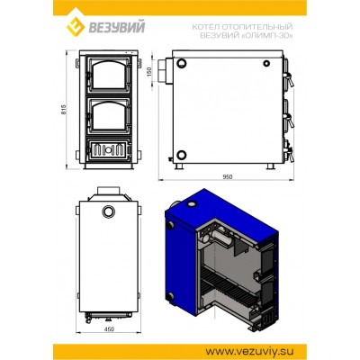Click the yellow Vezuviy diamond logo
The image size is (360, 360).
[x=76, y=26]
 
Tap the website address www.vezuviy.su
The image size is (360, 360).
[x=249, y=351]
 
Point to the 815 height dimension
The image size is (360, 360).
[x=63, y=110]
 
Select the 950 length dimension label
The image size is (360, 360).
[x=228, y=177]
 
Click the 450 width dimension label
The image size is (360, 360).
[x=109, y=329]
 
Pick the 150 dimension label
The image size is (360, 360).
[x=150, y=71]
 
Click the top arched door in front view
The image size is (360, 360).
[x=109, y=75]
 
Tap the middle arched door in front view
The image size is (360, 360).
[x=109, y=115]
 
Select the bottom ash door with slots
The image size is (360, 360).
[x=109, y=149]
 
